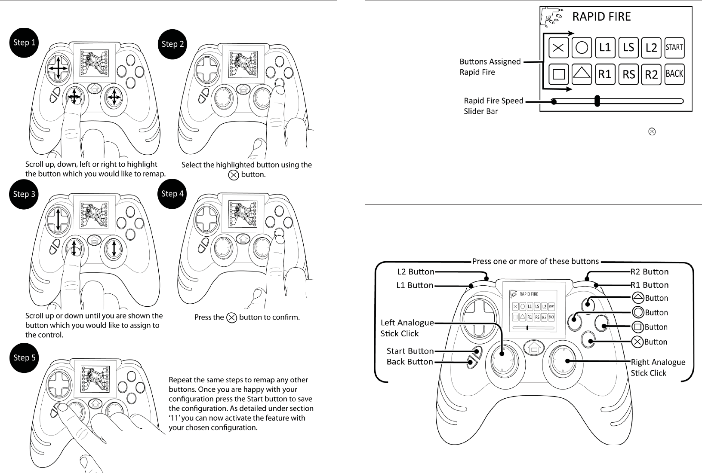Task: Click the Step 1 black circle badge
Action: point(24,43)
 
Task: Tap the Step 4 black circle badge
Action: point(172,194)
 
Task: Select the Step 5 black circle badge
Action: point(24,357)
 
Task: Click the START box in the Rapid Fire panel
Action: point(674,47)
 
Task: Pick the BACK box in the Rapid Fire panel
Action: point(674,74)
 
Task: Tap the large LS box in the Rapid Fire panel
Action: point(628,47)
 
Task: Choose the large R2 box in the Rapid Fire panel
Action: point(651,74)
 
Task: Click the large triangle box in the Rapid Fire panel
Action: point(582,74)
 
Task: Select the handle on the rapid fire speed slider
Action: point(597,101)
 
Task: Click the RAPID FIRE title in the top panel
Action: point(601,17)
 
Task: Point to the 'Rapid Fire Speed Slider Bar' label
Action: point(493,106)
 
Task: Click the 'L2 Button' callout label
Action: point(415,272)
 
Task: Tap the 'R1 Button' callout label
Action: point(649,285)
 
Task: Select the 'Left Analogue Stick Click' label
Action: point(407,328)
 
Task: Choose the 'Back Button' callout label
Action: point(409,362)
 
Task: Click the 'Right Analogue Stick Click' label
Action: point(658,367)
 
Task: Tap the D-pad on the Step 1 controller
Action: point(57,69)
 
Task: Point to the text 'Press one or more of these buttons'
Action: point(535,261)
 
